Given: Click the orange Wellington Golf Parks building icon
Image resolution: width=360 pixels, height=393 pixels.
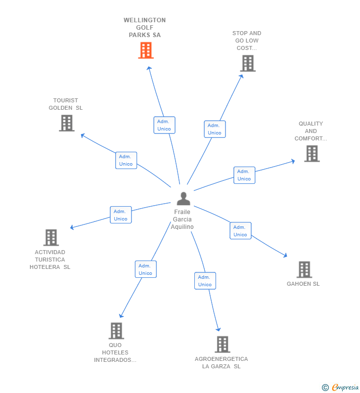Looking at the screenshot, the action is (x=146, y=50).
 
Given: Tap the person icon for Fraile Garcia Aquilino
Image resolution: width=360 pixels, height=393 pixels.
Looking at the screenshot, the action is (x=183, y=199).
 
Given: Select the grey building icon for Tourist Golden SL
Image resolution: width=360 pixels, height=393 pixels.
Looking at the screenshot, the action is (x=67, y=123).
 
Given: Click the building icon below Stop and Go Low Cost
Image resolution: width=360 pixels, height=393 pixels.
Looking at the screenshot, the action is (x=248, y=63).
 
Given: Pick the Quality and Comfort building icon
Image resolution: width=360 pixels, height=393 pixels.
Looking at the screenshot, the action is (x=312, y=154).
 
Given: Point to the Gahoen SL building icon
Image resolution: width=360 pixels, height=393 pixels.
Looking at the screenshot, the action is (x=304, y=270).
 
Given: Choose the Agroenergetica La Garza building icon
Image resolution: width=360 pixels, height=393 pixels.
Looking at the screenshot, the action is (x=223, y=345).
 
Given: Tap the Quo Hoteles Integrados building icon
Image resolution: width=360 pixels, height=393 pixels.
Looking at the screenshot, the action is (x=116, y=331).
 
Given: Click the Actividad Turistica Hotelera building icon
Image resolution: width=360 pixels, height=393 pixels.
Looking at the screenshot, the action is (x=51, y=238).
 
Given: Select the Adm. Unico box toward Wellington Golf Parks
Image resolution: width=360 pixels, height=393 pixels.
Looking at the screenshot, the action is (x=165, y=125).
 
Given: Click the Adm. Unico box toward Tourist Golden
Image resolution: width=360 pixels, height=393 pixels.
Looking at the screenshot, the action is (x=126, y=160).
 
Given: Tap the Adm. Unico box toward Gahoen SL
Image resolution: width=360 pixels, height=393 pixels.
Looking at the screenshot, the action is (x=241, y=230).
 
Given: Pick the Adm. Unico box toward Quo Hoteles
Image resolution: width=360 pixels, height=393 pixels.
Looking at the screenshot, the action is (x=146, y=269).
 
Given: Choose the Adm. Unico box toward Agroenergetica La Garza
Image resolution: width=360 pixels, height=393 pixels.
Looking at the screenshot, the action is (x=205, y=281).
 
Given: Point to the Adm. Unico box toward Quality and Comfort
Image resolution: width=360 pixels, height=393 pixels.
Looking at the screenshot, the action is (x=244, y=175).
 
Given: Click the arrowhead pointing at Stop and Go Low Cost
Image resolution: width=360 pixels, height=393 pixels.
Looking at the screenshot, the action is (x=241, y=77).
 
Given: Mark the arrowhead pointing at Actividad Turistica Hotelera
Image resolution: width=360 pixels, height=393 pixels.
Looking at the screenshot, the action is (x=72, y=227).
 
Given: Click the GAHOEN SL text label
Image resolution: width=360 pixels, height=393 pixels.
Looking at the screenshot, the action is (x=303, y=284).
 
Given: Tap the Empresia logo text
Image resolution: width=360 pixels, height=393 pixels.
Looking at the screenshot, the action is (x=345, y=387).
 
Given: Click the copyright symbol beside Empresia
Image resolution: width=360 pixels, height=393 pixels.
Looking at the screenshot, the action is (x=325, y=388).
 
